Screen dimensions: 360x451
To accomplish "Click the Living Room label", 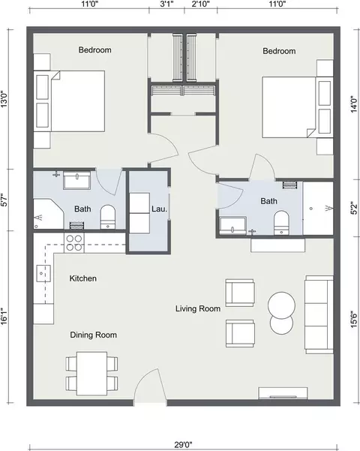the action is point(198,308).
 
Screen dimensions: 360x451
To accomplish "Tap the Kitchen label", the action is point(82,278).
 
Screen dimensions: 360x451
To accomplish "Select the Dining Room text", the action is point(94,335).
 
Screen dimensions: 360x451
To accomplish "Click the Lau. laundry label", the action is point(159,209).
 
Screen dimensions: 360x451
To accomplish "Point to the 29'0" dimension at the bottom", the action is point(183,445).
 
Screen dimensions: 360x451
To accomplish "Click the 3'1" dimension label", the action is point(166,4).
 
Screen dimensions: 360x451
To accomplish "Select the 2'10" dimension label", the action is point(201,4).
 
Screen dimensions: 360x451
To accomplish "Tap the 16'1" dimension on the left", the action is point(4,317).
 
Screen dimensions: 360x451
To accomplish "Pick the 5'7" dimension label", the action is point(4,200).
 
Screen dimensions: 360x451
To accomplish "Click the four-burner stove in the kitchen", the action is point(74,242).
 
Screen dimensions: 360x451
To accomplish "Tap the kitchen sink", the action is point(43,274).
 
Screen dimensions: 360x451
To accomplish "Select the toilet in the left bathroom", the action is point(108,217).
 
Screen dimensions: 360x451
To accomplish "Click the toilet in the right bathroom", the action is point(281,223).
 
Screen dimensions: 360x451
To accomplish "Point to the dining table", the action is point(91,374).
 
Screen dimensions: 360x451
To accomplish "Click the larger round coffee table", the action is point(281,305).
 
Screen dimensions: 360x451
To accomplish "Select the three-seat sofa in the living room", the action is point(319,314).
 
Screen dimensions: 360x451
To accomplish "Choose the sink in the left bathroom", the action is point(77,180).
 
